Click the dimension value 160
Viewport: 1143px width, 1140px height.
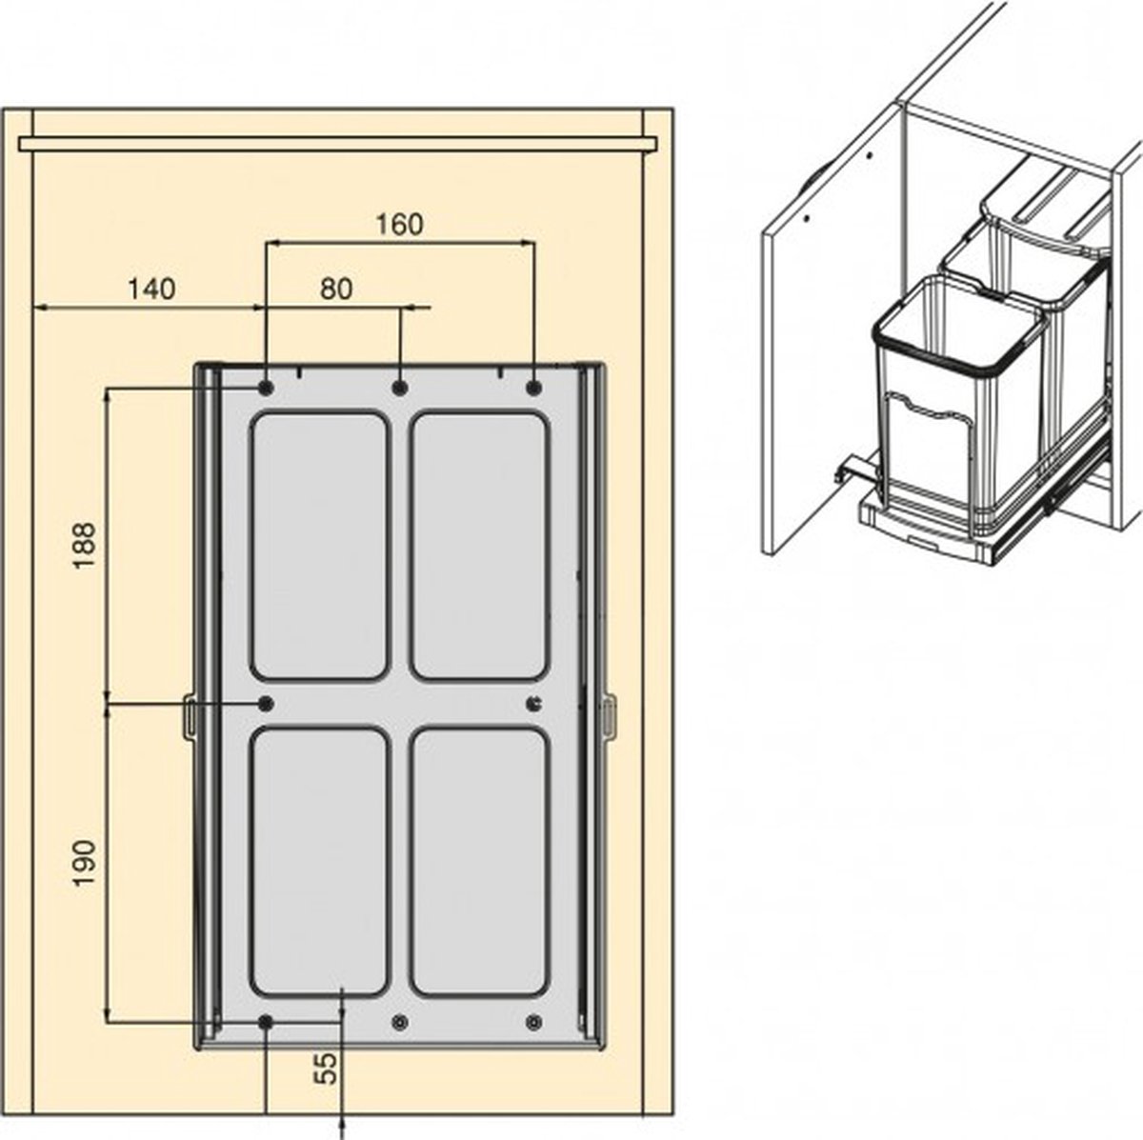pyautogui.click(x=400, y=224)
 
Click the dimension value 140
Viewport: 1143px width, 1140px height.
pyautogui.click(x=151, y=289)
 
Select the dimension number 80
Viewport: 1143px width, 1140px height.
pyautogui.click(x=336, y=289)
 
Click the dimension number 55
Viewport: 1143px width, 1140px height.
pyautogui.click(x=325, y=1069)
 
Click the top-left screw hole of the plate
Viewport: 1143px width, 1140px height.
pyautogui.click(x=266, y=389)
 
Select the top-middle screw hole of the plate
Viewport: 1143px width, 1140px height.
pyautogui.click(x=400, y=389)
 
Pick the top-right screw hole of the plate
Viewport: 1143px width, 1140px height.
pyautogui.click(x=534, y=389)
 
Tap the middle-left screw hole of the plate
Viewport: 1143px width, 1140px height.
pyautogui.click(x=266, y=704)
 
